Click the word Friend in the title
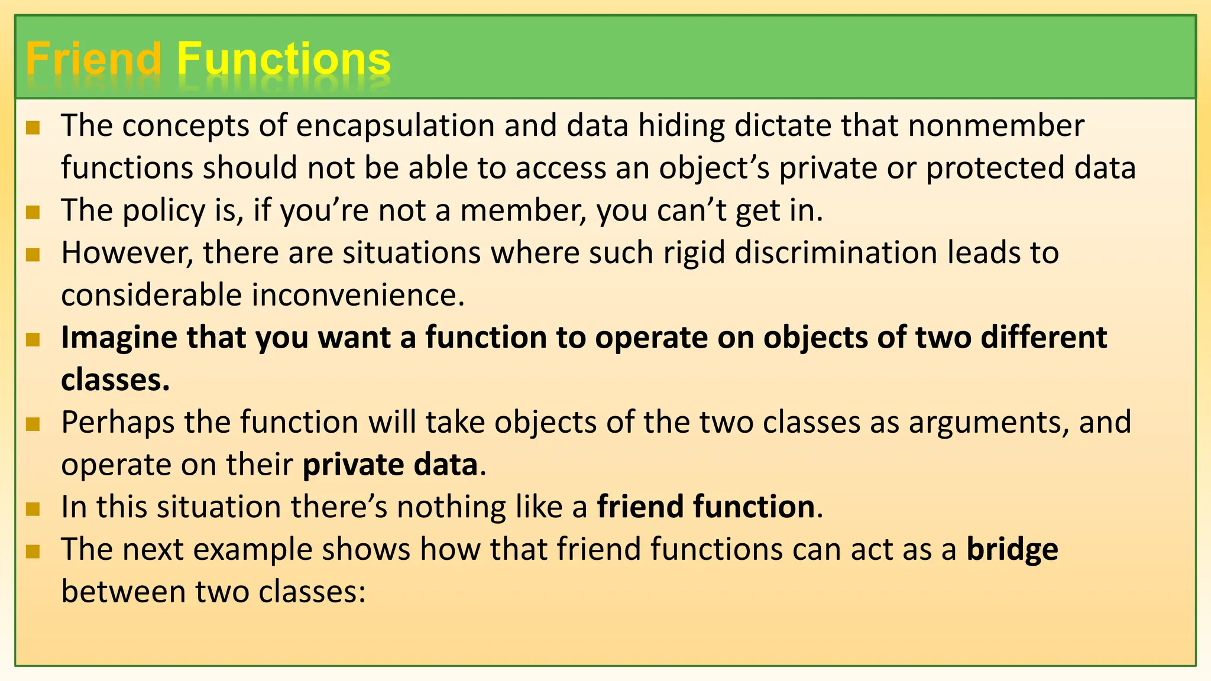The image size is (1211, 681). (x=93, y=59)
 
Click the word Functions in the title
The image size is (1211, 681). (x=284, y=59)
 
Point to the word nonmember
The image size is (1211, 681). (x=996, y=126)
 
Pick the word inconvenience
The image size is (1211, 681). (x=358, y=296)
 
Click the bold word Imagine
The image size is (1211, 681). (x=119, y=338)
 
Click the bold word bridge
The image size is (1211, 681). (x=1012, y=550)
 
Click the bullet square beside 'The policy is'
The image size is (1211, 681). (x=33, y=212)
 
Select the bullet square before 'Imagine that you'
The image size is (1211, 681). (x=33, y=339)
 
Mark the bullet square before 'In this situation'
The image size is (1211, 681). (x=33, y=509)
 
